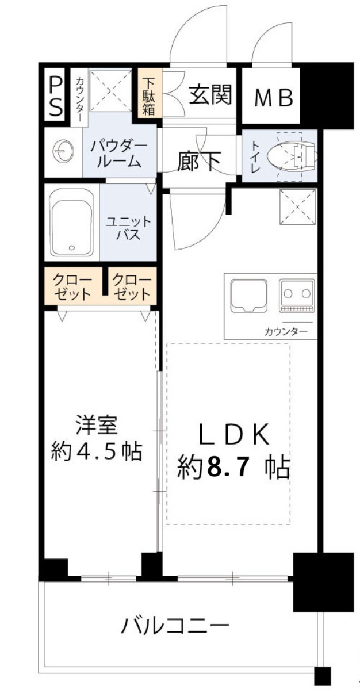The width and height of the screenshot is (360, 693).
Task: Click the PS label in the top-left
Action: pos(56,96)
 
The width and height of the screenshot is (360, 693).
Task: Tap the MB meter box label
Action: pos(274,98)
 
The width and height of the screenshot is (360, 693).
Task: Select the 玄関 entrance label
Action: pos(210,95)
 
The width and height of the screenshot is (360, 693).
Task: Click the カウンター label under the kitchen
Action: pos(285,332)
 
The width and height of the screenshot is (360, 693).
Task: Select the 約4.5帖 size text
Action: pos(96,451)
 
